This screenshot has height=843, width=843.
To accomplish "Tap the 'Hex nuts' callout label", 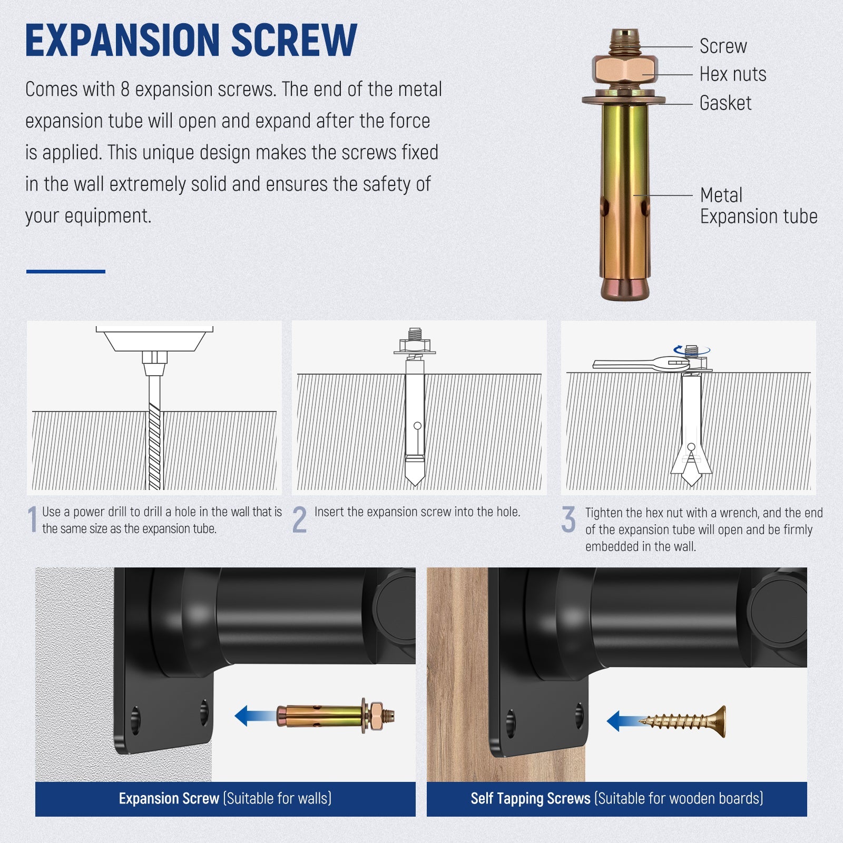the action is (x=733, y=74).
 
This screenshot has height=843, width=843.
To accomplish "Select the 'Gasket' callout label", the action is (x=726, y=103).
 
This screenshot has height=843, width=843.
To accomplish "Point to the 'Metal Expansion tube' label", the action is (x=759, y=206).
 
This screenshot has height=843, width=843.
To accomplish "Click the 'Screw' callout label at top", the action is (x=723, y=46).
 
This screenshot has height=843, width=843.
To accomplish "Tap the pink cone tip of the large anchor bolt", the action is (x=625, y=289).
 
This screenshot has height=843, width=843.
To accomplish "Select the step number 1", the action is (x=33, y=519).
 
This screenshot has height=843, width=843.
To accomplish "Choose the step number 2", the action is (x=299, y=519).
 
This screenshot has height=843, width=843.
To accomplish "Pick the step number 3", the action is (x=568, y=519).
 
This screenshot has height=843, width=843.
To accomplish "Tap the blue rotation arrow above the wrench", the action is (x=692, y=349).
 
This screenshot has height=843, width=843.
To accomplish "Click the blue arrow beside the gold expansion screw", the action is (x=256, y=716).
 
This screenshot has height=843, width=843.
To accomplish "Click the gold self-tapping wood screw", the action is (x=682, y=721).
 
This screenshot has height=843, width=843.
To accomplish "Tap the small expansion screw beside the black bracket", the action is (x=336, y=715).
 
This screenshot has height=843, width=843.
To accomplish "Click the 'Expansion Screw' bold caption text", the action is (x=169, y=798).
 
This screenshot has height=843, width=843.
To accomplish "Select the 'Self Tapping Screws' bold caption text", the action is (x=531, y=798).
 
